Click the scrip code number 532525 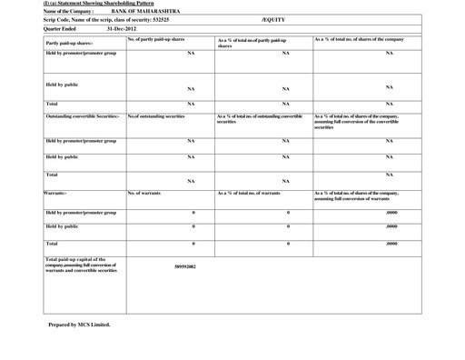point(154,19)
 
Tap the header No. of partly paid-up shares point(156,40)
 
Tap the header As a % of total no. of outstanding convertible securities point(260,119)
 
